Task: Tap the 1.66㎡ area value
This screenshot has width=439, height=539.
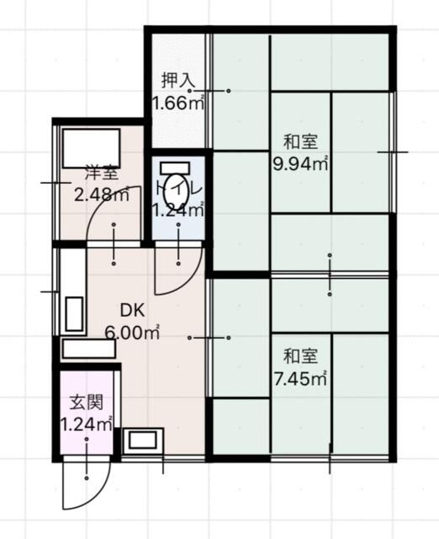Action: (x=178, y=103)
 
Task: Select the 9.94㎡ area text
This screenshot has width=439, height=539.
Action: (x=300, y=164)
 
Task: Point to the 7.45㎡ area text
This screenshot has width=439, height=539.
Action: (x=300, y=379)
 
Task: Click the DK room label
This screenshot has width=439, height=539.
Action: (x=133, y=311)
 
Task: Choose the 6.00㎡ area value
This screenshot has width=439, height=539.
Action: (x=132, y=333)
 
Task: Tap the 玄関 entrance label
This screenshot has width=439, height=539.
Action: (x=87, y=403)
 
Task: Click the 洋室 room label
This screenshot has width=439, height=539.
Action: (x=102, y=173)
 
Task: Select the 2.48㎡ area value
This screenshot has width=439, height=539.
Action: (x=102, y=195)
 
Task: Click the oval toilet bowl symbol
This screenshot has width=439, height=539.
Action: (x=177, y=193)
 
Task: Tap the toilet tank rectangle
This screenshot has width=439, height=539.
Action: (x=175, y=168)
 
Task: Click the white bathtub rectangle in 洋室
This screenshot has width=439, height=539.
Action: (x=92, y=148)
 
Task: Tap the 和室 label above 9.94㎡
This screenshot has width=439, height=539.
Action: (x=300, y=141)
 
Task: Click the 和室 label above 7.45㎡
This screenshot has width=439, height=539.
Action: (x=300, y=356)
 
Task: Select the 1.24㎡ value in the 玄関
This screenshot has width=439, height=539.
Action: (x=87, y=424)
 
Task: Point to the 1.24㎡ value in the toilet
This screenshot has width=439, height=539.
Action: (x=178, y=210)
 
